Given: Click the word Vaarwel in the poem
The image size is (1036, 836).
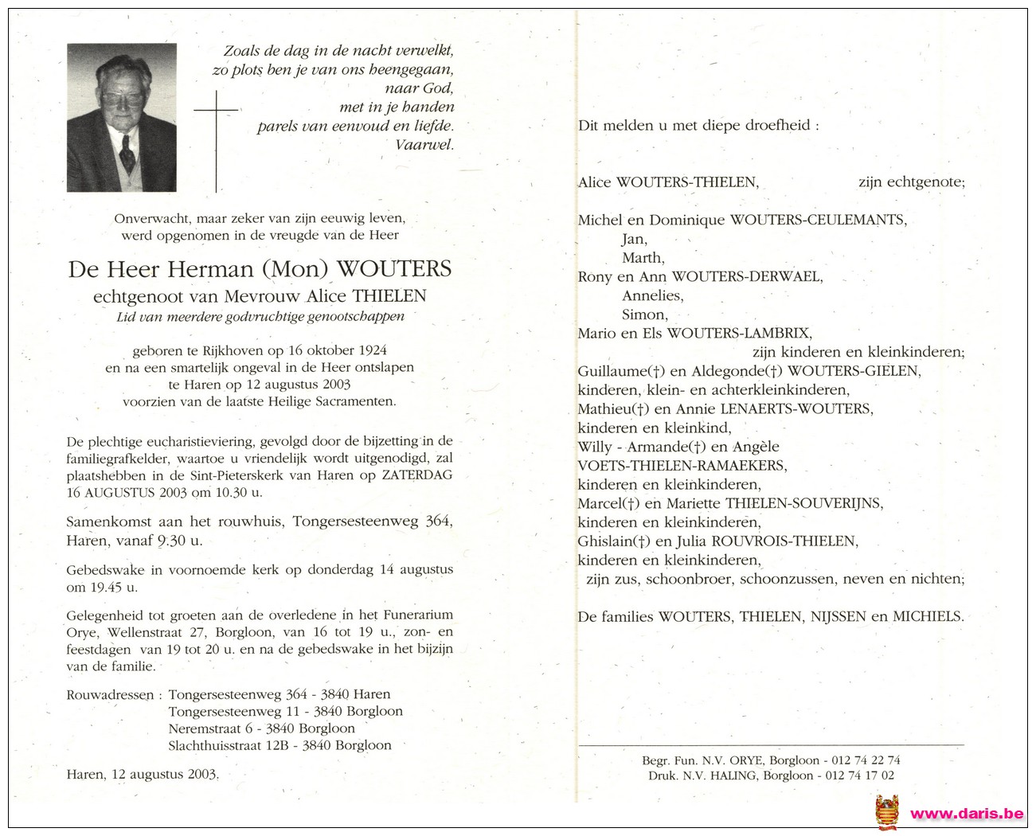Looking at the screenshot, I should coord(424,145).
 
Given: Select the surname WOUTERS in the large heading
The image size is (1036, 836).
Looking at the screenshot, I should coord(394,269).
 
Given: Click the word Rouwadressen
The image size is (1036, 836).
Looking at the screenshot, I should coord(111,695).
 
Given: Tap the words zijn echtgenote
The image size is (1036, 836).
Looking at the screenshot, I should coord(911,182).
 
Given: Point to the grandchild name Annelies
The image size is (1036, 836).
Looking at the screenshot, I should coord(652,295).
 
